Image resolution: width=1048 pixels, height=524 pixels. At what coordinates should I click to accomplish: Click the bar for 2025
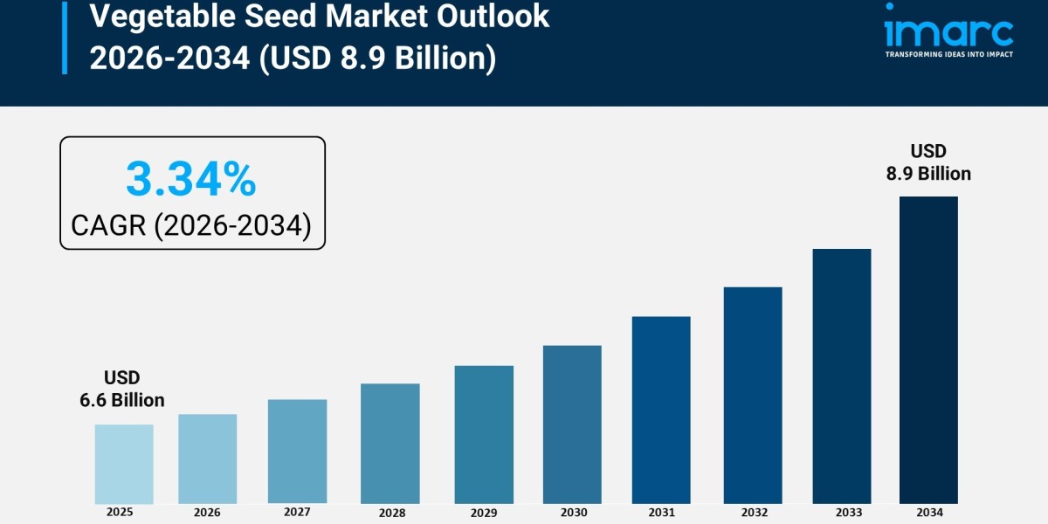pyautogui.click(x=124, y=464)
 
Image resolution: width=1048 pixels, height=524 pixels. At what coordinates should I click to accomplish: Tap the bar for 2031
pyautogui.click(x=661, y=410)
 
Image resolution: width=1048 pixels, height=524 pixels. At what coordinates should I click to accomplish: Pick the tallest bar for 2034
pyautogui.click(x=928, y=349)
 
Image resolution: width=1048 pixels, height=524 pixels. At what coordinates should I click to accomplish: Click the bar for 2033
pyautogui.click(x=842, y=376)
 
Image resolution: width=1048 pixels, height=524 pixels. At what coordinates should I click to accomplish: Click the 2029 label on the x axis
pyautogui.click(x=484, y=512)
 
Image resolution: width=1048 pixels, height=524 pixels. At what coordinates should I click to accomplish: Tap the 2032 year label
pyautogui.click(x=752, y=512)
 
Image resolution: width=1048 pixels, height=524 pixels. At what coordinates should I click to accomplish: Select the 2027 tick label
pyautogui.click(x=297, y=511)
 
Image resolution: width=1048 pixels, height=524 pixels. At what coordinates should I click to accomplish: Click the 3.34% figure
pyautogui.click(x=191, y=179)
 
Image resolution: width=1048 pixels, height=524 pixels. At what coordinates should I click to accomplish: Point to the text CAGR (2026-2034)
pyautogui.click(x=191, y=225)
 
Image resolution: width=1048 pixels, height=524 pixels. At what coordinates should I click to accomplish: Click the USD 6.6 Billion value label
pyautogui.click(x=122, y=389)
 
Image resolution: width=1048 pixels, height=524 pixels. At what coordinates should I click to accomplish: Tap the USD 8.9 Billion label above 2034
pyautogui.click(x=928, y=162)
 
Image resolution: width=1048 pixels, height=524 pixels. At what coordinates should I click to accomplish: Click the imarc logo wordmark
pyautogui.click(x=948, y=33)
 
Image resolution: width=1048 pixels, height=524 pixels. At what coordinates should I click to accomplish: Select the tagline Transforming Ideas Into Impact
pyautogui.click(x=948, y=54)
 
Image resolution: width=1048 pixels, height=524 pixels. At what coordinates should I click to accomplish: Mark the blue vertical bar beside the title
pyautogui.click(x=64, y=37)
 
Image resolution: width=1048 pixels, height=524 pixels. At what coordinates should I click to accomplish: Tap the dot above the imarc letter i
pyautogui.click(x=889, y=7)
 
